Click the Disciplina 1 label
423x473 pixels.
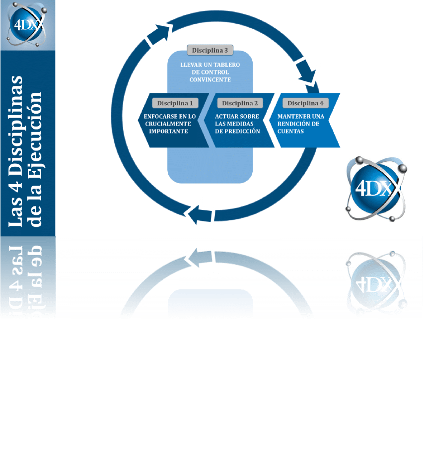tap(175, 103)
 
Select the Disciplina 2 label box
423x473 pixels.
tap(240, 103)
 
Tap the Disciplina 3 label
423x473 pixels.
tap(210, 50)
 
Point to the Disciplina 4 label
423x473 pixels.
tap(305, 103)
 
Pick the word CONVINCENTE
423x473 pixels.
tap(210, 79)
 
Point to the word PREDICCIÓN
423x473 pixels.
tap(243, 132)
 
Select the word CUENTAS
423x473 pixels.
tap(291, 132)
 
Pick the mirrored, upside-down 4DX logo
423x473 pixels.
tap(376, 283)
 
